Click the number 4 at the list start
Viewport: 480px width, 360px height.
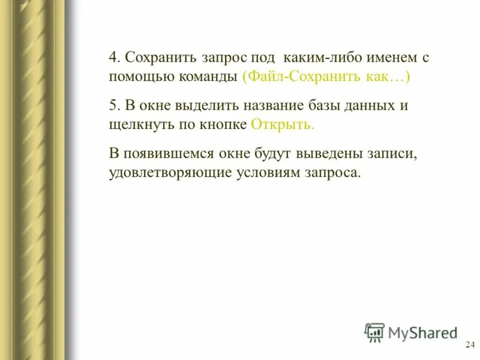[x=113, y=59]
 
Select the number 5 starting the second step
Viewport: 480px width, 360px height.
[x=113, y=106]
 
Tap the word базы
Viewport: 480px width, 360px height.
[x=325, y=106]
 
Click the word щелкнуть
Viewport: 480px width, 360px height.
[x=139, y=124]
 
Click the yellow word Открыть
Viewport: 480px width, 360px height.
[x=283, y=124]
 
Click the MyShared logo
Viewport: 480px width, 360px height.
[x=410, y=332]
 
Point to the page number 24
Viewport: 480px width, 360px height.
[x=470, y=344]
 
